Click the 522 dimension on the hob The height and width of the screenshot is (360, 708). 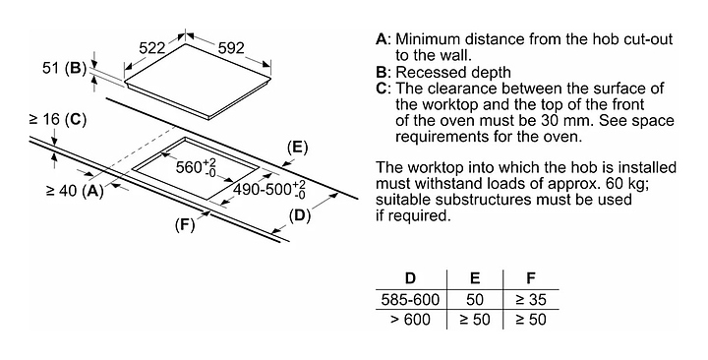click(x=151, y=48)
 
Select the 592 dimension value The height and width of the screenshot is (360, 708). click(x=231, y=48)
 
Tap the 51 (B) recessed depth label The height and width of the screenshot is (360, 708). click(x=64, y=68)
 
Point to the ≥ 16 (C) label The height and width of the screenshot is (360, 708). click(x=57, y=120)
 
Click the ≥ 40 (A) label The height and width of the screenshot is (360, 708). click(x=75, y=191)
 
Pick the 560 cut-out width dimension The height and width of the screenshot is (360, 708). click(x=196, y=167)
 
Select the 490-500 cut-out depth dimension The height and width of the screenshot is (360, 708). click(x=269, y=190)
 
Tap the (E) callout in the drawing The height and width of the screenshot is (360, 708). click(x=297, y=148)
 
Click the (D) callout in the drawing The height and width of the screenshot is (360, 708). click(x=300, y=216)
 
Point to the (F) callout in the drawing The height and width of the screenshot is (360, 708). click(x=185, y=224)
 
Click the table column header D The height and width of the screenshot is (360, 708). click(x=410, y=277)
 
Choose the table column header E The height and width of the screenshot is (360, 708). click(x=475, y=277)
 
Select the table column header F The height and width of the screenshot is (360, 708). click(x=531, y=277)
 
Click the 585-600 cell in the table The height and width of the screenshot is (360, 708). click(x=410, y=299)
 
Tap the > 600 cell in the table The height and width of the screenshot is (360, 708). click(x=410, y=320)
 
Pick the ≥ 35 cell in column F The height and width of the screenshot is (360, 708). click(x=531, y=299)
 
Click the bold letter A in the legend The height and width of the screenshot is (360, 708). click(x=382, y=39)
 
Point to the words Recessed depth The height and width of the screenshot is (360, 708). click(x=453, y=72)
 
